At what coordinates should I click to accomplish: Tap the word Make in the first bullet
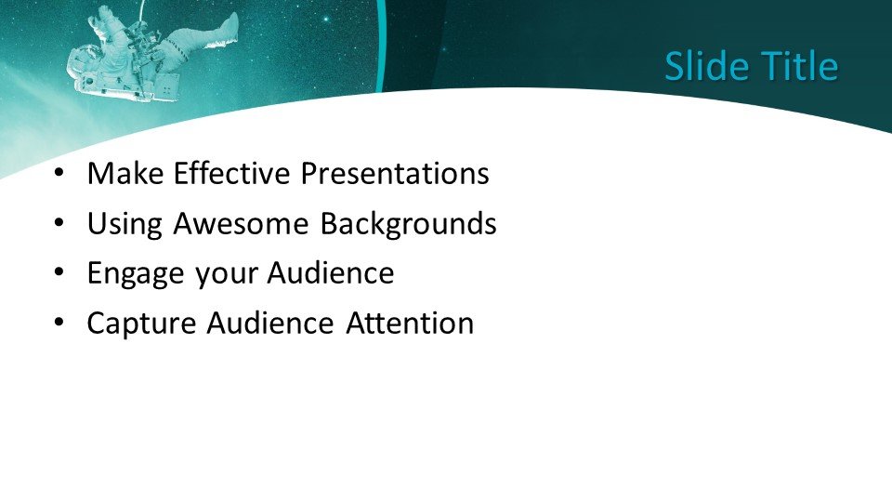125,173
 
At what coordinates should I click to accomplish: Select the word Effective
231,173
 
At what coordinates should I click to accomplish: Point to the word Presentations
395,173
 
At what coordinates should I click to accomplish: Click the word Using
125,224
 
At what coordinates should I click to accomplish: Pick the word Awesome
241,223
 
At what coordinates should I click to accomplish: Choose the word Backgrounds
408,224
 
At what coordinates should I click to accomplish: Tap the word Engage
136,274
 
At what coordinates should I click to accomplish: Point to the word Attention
410,324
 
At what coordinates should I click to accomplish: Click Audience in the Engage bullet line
331,273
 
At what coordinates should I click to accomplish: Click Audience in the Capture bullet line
270,324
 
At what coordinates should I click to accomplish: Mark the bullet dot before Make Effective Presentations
59,173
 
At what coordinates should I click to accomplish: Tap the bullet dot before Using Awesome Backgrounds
59,222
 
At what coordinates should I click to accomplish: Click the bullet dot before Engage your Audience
59,272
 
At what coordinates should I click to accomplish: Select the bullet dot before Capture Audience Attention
59,323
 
